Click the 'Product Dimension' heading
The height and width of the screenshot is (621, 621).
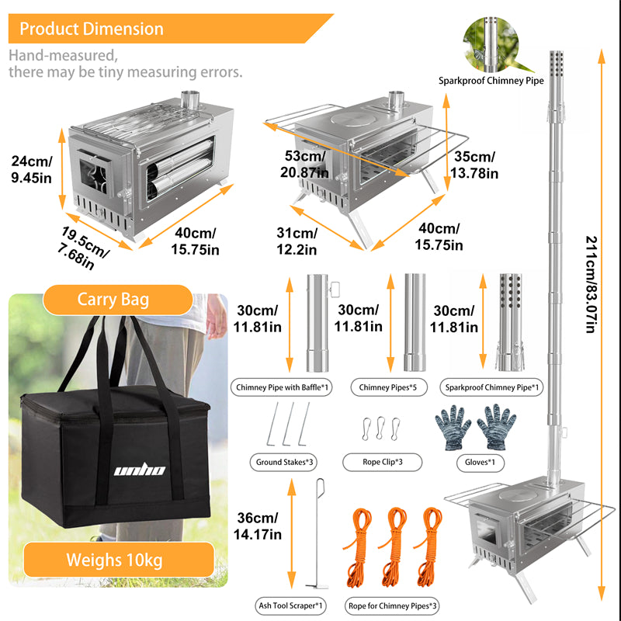click(92, 29)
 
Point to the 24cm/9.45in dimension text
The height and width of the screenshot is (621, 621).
click(32, 169)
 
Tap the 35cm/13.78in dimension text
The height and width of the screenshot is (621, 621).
click(476, 164)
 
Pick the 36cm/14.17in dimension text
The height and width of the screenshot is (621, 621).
click(257, 526)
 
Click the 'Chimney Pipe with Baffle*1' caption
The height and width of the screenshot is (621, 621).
click(282, 387)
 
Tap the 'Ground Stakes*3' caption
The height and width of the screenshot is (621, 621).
click(285, 462)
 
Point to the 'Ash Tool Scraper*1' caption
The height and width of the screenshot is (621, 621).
click(290, 604)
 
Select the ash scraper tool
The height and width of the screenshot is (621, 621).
click(317, 536)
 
